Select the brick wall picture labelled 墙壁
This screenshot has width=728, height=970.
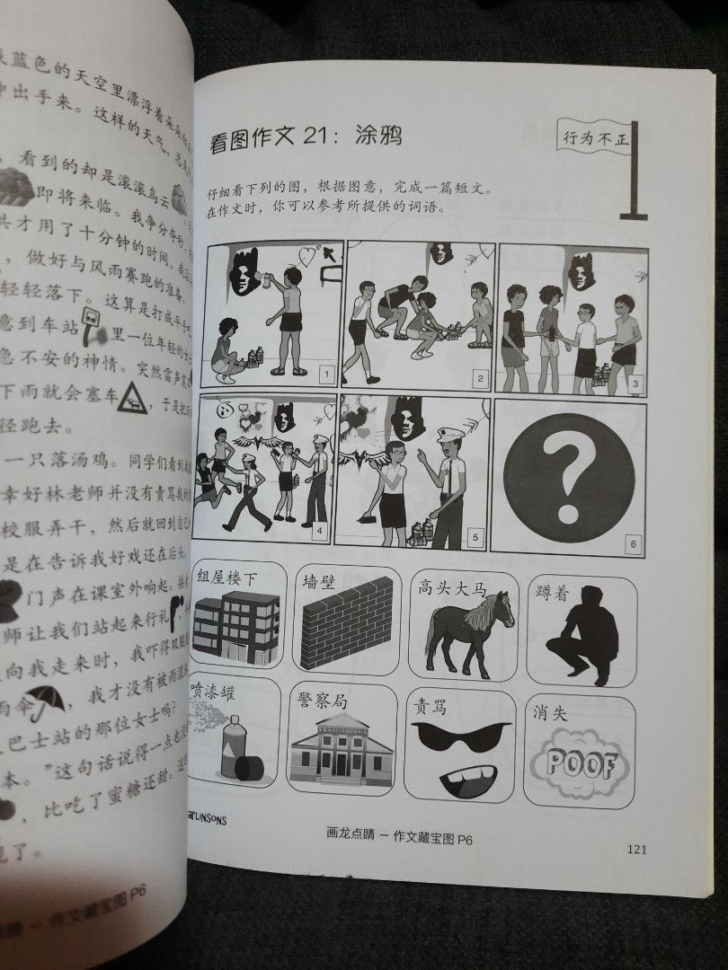348,623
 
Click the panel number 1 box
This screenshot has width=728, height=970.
325,372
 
